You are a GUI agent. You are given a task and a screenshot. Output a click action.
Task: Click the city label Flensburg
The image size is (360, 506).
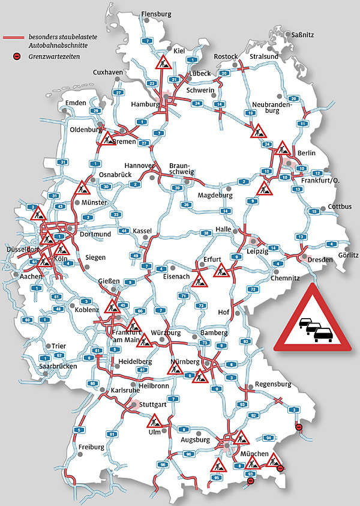point(156,14)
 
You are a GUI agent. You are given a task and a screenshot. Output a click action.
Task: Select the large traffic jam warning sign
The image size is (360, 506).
point(313,320)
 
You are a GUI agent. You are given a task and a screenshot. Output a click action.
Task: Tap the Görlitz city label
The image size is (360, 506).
point(347,255)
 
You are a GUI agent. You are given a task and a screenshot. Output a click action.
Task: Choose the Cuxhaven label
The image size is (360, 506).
point(108,72)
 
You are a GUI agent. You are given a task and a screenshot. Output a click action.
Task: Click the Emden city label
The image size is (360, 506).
point(76,103)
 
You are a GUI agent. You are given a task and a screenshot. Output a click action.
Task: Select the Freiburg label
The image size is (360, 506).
point(91,447)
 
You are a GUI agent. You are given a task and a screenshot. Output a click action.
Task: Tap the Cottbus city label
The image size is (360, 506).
point(340,207)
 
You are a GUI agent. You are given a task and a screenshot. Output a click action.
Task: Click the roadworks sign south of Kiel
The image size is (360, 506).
point(161,62)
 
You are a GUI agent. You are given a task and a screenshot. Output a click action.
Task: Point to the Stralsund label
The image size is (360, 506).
point(264,56)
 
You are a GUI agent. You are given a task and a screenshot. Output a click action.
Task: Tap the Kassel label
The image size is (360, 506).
point(142,231)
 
